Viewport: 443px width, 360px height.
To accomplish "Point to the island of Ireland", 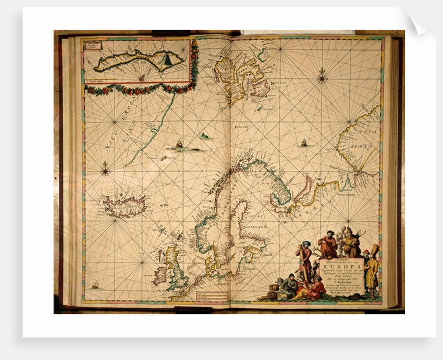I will pyautogui.click(x=160, y=275).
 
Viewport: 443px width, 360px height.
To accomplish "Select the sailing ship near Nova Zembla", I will pyautogui.click(x=303, y=142).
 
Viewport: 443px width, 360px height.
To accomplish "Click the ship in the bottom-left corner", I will pyautogui.click(x=95, y=285).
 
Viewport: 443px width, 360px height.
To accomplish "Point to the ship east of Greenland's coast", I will pyautogui.click(x=179, y=143).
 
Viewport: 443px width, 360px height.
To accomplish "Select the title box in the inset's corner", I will pyautogui.click(x=94, y=45).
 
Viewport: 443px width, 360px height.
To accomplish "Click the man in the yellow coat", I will pyautogui.click(x=372, y=267).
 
